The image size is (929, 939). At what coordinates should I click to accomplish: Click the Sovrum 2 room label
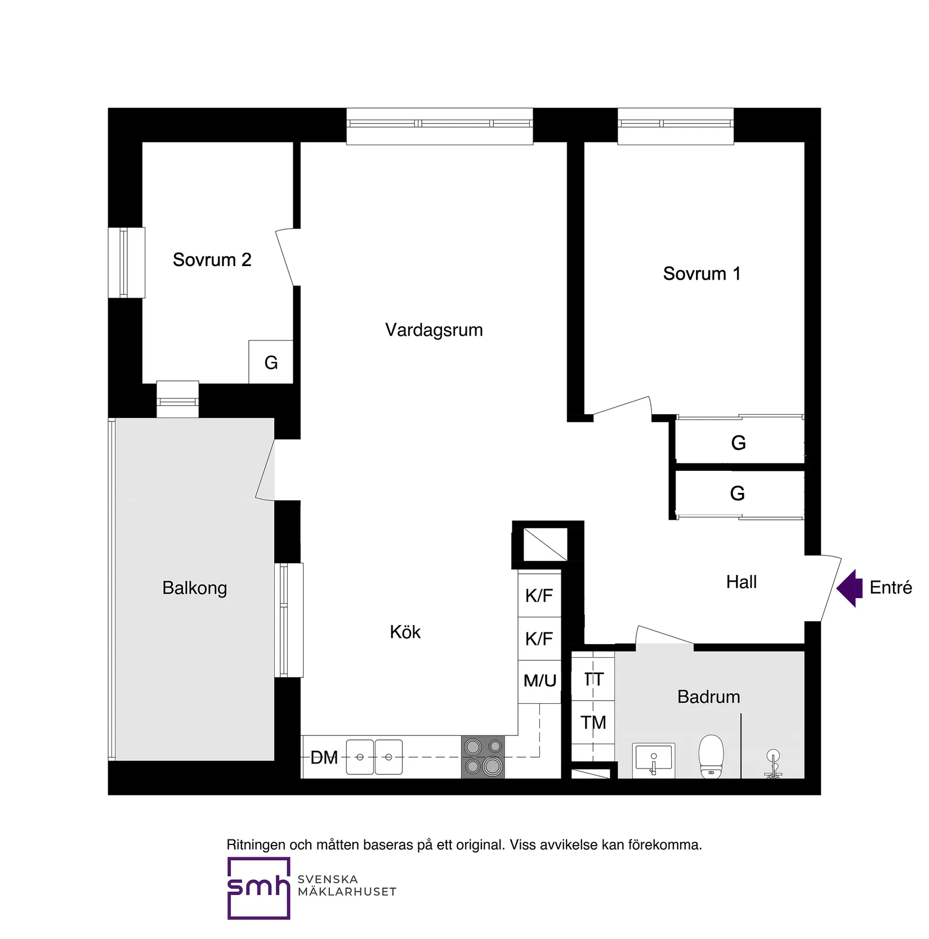[x=212, y=260]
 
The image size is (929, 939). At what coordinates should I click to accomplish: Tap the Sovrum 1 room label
[x=702, y=274]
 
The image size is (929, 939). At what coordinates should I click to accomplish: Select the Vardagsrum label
[x=434, y=330]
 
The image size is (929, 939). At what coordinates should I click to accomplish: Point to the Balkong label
[x=194, y=588]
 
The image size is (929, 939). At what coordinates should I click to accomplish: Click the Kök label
[x=405, y=632]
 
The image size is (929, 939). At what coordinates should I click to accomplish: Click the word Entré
[x=890, y=588]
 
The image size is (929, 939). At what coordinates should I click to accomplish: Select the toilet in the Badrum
[x=711, y=757]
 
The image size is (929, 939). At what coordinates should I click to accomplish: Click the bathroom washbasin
[x=653, y=760]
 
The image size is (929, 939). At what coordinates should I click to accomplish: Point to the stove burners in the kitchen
[x=483, y=757]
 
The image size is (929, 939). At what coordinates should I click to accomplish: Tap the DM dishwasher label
[x=324, y=758]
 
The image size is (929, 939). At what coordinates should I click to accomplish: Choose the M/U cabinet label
[x=539, y=681]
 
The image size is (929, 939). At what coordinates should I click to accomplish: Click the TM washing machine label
[x=593, y=722]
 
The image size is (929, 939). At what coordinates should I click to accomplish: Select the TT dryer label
[x=593, y=680]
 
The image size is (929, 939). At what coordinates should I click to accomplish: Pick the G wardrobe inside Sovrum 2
[x=271, y=363]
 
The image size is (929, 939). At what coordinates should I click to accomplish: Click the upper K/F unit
[x=539, y=595]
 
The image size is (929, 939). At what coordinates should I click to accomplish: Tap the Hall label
[x=741, y=582]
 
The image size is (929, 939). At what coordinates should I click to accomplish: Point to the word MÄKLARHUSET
[x=347, y=892]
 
